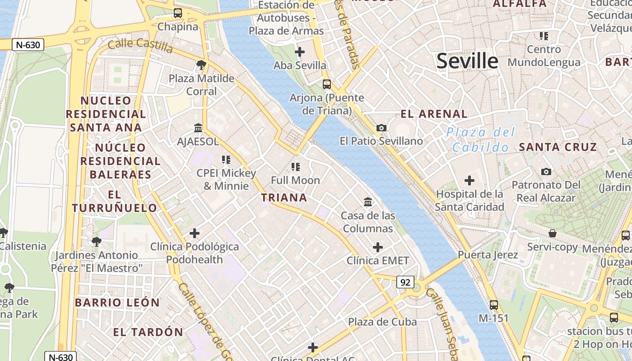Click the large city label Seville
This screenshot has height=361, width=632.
[467, 61]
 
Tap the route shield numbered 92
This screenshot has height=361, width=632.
[405, 282]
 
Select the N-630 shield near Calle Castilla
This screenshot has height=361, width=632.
[28, 45]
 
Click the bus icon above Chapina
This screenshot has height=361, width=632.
[178, 13]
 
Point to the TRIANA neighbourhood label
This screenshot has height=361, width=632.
[284, 198]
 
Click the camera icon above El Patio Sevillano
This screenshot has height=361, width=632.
[381, 128]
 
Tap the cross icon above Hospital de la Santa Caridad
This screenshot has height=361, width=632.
[469, 181]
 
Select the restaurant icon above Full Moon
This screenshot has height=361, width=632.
[296, 167]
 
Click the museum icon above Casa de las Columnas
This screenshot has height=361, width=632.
[368, 202]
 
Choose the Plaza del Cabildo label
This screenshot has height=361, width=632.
[480, 139]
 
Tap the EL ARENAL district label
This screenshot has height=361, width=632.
[434, 114]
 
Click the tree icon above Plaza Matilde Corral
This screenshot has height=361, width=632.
[201, 65]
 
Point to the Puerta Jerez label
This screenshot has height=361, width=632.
[488, 255]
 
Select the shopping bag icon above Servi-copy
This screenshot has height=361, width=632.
[553, 234]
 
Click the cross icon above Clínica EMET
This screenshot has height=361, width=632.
[378, 247]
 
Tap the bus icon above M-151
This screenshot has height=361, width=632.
[494, 305]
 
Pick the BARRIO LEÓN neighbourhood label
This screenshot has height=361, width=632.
[117, 303]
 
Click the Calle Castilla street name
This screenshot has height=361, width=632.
[140, 45]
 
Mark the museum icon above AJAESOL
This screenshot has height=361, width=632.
[198, 128]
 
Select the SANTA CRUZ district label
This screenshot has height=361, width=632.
[558, 147]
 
